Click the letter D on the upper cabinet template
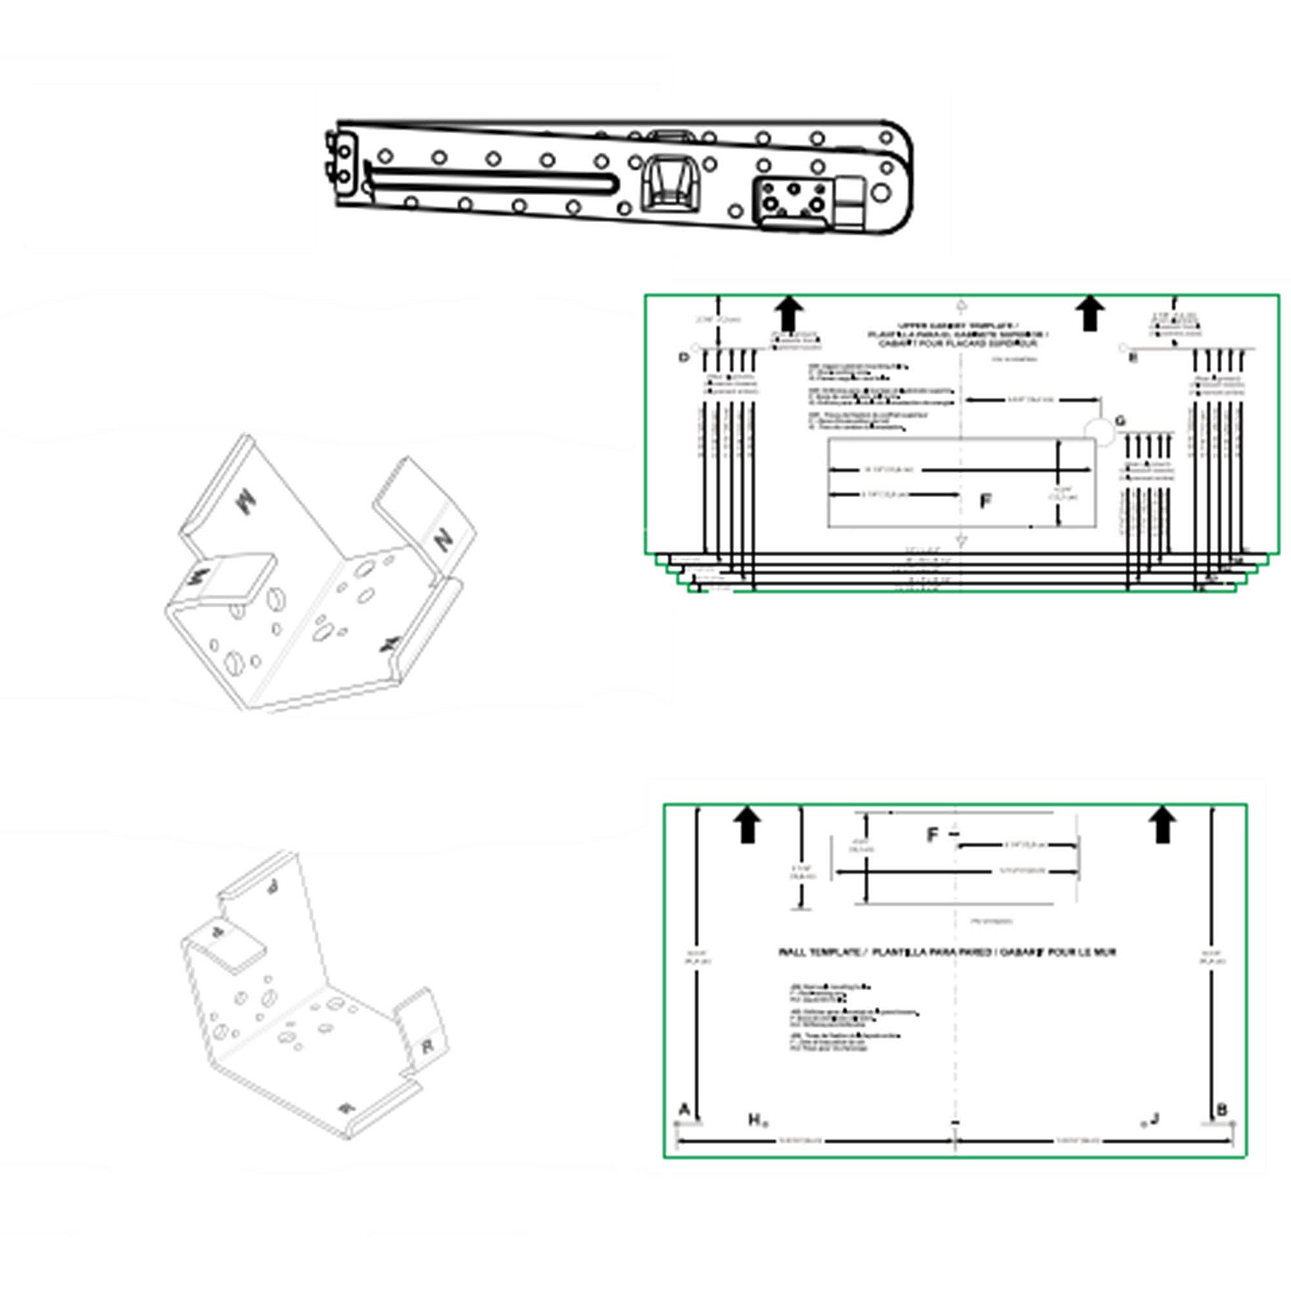pos(683,358)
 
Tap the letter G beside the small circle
pos(1121,421)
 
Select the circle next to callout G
pos(1099,431)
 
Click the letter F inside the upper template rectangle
pos(985,501)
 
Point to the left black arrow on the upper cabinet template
pos(789,314)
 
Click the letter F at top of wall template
pos(933,835)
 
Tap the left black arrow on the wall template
pos(747,824)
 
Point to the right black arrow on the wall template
pos(1163,824)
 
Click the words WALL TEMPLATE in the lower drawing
pos(820,952)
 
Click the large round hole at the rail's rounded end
pos(882,193)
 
